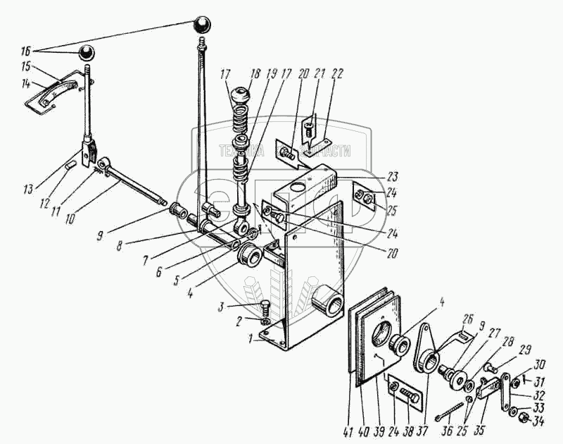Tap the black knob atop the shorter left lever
[x=87, y=52]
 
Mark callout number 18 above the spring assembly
[x=253, y=74]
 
